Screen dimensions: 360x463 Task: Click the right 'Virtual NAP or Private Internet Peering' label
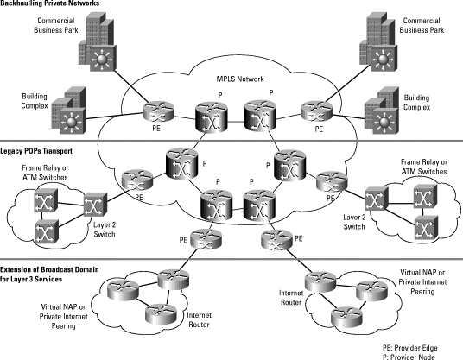[x=427, y=281]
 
